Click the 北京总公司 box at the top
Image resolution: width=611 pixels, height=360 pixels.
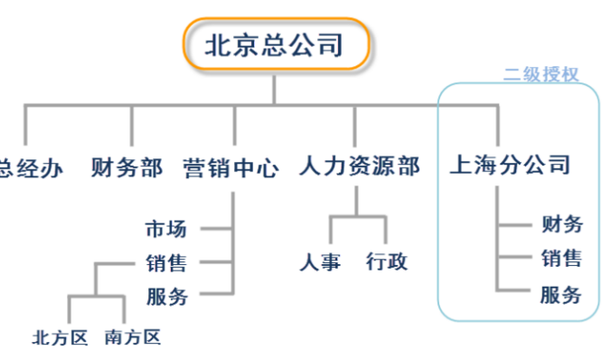coord(275,44)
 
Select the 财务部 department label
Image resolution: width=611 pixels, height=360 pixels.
coord(127,167)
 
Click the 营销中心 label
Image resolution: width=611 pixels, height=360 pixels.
coord(230,167)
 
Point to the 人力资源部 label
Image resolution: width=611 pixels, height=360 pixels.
coord(359,167)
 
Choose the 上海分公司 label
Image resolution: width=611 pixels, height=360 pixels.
coord(511,166)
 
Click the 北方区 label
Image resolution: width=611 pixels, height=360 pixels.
coord(60,338)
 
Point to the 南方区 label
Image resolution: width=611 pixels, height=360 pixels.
coord(132,338)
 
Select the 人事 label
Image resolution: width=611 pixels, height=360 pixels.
coord(321,263)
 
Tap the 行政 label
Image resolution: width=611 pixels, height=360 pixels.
coord(387,263)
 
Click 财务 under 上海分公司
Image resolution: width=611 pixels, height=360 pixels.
coord(561,224)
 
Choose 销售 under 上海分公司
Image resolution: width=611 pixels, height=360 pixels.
coord(561,259)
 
